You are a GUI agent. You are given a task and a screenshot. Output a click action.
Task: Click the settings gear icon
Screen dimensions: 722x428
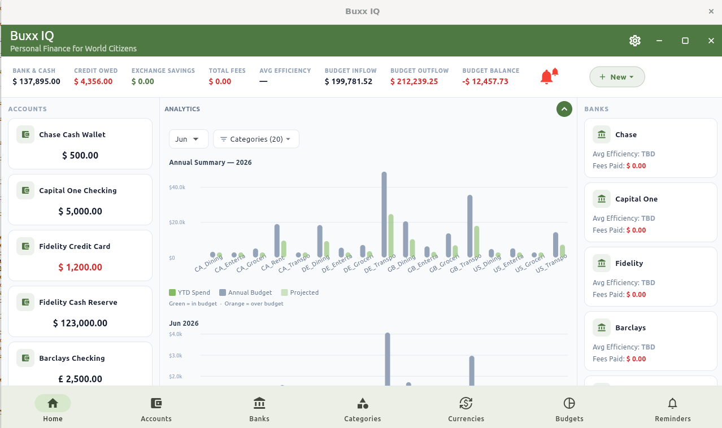[x=634, y=41]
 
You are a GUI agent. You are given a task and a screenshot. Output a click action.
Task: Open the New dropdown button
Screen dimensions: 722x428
[x=617, y=77]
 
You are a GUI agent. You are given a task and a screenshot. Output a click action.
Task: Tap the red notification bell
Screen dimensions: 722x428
[x=549, y=76]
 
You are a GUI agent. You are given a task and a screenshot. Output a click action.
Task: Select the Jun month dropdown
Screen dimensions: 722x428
[x=189, y=139]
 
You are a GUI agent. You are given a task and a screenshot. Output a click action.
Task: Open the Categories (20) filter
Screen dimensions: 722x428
[x=256, y=139]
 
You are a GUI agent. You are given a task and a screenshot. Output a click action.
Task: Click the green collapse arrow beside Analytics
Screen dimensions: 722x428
[x=564, y=109]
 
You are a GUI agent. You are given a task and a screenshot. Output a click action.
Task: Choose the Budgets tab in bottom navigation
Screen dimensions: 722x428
[x=569, y=409]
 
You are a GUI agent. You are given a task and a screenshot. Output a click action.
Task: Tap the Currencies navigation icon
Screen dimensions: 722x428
[x=466, y=403]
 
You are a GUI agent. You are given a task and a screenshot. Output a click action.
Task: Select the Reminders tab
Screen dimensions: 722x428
[x=673, y=409]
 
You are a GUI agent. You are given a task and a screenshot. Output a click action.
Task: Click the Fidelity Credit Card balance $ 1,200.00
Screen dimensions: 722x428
[x=80, y=267]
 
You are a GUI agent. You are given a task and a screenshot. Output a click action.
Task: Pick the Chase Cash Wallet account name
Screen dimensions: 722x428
[x=72, y=134]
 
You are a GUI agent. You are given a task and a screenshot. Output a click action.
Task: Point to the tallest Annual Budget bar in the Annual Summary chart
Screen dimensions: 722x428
[x=384, y=214]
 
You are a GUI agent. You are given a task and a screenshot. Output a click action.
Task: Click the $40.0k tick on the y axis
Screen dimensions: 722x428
[x=177, y=187]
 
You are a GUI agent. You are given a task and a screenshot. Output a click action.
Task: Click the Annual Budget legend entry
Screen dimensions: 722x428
[x=245, y=292]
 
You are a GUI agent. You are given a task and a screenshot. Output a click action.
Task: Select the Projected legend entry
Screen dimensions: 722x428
[x=300, y=292]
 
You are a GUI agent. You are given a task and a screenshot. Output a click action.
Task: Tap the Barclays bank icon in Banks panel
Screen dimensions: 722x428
[x=602, y=327]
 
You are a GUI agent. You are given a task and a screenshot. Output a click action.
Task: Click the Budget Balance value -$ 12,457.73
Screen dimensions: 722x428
[x=485, y=81]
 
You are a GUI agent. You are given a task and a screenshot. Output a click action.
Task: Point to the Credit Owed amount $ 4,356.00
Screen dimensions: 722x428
[x=93, y=81]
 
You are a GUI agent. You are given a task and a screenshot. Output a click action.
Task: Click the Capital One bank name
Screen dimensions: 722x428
[x=636, y=199]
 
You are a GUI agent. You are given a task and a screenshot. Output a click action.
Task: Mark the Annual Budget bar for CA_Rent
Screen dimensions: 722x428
[x=277, y=241]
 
